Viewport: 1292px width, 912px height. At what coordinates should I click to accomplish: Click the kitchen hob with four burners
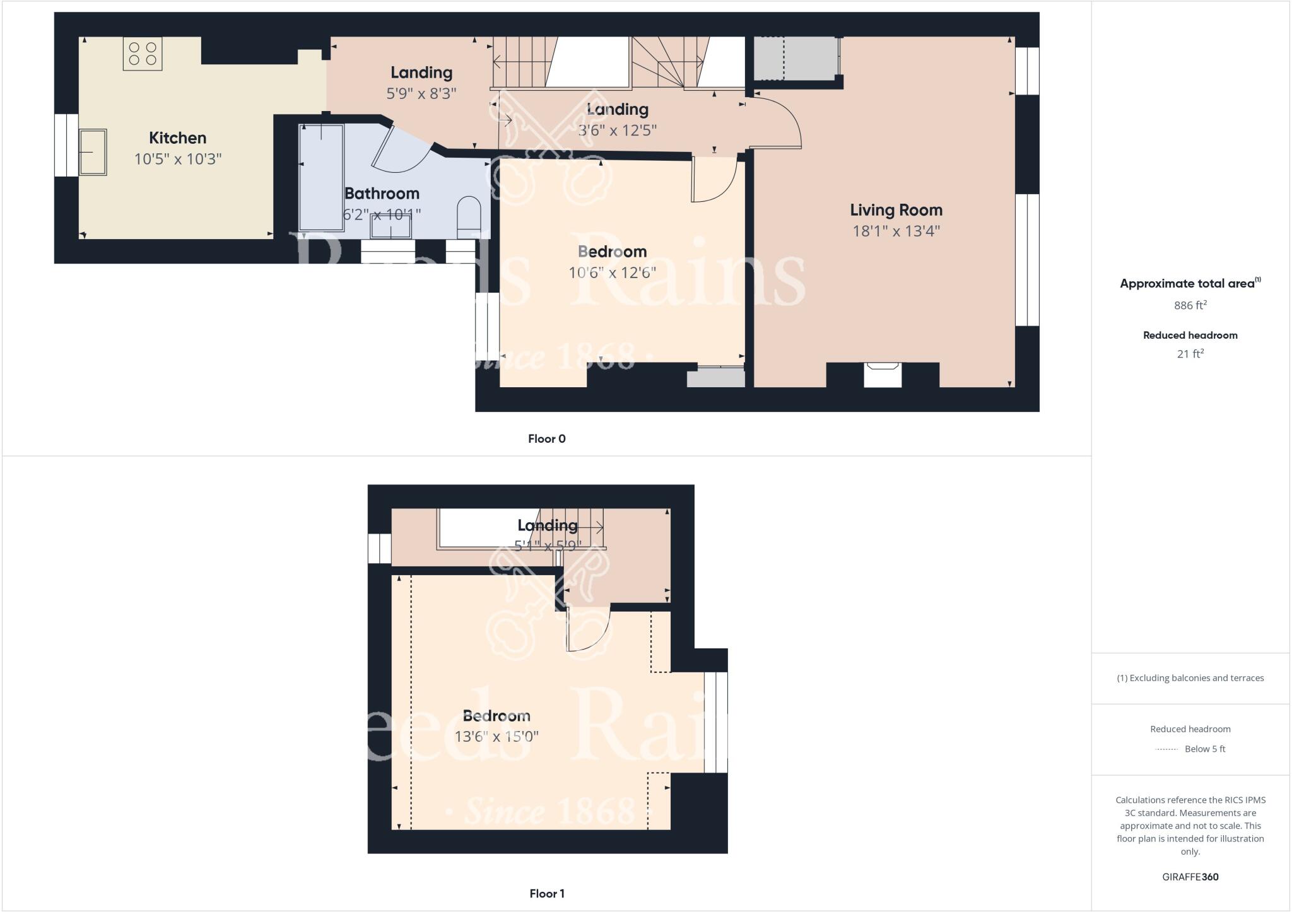(143, 53)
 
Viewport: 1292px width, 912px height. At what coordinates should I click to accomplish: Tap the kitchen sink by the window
(93, 152)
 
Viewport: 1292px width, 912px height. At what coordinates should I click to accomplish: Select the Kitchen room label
(177, 137)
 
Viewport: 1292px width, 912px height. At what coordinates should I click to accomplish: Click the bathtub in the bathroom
(321, 178)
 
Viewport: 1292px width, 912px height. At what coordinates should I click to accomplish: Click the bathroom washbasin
(391, 226)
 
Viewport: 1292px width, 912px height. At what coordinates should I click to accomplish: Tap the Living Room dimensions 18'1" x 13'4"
(896, 231)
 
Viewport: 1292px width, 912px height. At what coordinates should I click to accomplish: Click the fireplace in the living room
(883, 375)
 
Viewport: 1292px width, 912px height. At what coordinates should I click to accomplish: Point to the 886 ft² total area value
(1190, 305)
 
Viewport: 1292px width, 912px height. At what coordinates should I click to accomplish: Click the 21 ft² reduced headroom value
(1190, 354)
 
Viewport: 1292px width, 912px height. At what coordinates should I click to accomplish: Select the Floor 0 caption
(546, 439)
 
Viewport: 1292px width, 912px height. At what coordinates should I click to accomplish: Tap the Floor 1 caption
(546, 894)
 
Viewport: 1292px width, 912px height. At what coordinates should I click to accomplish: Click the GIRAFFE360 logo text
(1190, 877)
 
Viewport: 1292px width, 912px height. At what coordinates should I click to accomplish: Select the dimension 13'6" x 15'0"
(496, 737)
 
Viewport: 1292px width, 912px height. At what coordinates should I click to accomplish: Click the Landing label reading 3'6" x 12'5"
(617, 131)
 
